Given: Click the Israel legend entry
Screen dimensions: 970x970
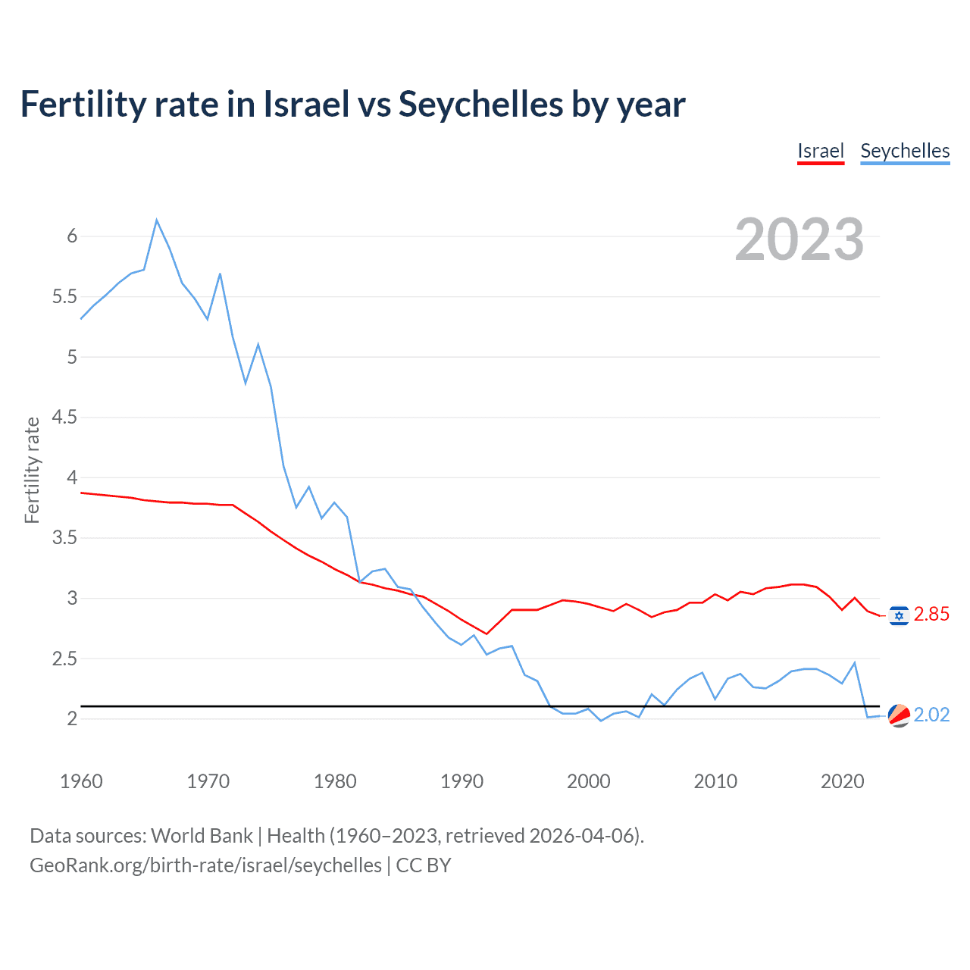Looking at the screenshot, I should pyautogui.click(x=821, y=151).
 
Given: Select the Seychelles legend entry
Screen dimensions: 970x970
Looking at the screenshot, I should pyautogui.click(x=905, y=151).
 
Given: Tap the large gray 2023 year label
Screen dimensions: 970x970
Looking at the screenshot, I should pyautogui.click(x=799, y=239).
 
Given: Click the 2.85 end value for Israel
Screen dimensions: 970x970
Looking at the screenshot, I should pyautogui.click(x=931, y=615).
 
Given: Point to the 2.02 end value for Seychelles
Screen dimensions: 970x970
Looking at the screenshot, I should pyautogui.click(x=931, y=715).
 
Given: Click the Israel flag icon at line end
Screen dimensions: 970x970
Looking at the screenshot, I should pyautogui.click(x=899, y=615).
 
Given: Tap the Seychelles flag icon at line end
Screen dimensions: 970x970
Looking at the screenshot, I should pyautogui.click(x=899, y=715).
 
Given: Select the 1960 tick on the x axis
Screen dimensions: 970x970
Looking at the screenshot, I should pyautogui.click(x=81, y=781).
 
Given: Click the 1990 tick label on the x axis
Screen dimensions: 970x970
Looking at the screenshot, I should pyautogui.click(x=462, y=781).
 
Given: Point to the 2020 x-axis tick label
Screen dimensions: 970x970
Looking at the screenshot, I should pyautogui.click(x=842, y=781).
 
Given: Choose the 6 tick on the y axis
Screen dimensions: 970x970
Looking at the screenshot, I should pyautogui.click(x=72, y=236).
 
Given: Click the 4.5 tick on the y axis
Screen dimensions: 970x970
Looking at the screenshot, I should pyautogui.click(x=64, y=418).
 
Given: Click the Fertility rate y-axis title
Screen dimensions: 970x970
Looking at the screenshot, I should pyautogui.click(x=32, y=470).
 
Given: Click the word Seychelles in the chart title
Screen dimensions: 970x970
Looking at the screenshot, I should pyautogui.click(x=480, y=105).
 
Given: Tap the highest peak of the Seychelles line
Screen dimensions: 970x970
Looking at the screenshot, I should pyautogui.click(x=157, y=221).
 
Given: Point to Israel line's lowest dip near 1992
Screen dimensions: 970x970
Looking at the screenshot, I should pyautogui.click(x=487, y=634).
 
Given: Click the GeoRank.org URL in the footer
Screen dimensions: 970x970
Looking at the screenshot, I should pyautogui.click(x=205, y=865).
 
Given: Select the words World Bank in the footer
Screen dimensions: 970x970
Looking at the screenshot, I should pyautogui.click(x=202, y=836).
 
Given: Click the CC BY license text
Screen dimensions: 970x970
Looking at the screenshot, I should pyautogui.click(x=424, y=865).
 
